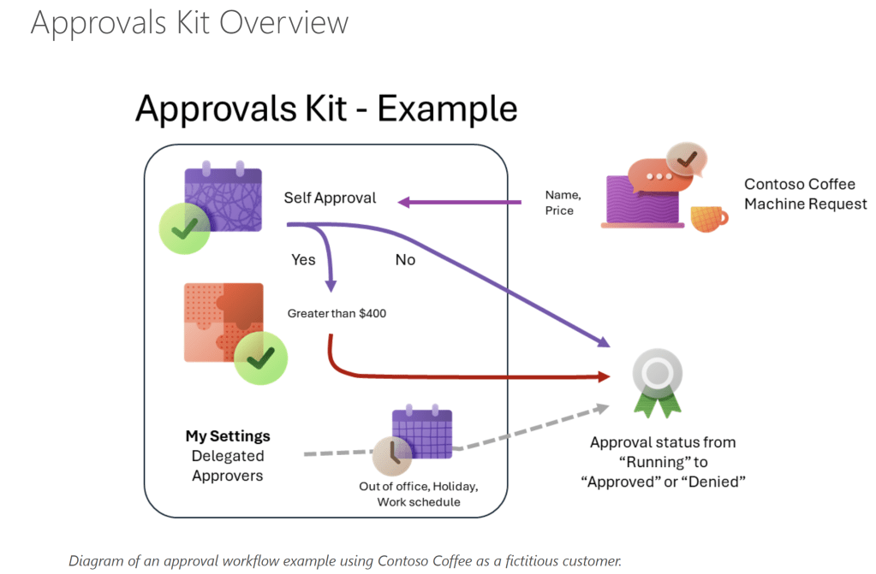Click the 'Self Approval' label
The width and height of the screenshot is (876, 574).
click(330, 198)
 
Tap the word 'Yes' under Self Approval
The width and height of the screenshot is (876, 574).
click(303, 258)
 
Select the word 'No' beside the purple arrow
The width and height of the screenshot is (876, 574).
click(405, 259)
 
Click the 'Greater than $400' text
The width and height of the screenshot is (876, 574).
click(337, 313)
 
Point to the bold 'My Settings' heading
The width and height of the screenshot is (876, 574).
click(228, 436)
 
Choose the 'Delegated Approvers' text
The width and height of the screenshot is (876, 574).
click(228, 465)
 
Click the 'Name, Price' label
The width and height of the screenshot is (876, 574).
click(562, 202)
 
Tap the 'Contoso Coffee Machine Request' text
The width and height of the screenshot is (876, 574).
click(805, 194)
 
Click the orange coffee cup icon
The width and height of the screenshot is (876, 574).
click(707, 217)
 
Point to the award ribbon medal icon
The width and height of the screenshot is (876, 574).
click(658, 384)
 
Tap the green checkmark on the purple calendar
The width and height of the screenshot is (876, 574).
click(185, 228)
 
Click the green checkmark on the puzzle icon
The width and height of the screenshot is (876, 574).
click(260, 358)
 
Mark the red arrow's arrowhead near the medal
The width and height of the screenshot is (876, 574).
click(602, 376)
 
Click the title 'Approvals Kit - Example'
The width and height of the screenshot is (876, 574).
click(326, 109)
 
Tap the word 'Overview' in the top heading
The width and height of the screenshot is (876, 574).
click(285, 22)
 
